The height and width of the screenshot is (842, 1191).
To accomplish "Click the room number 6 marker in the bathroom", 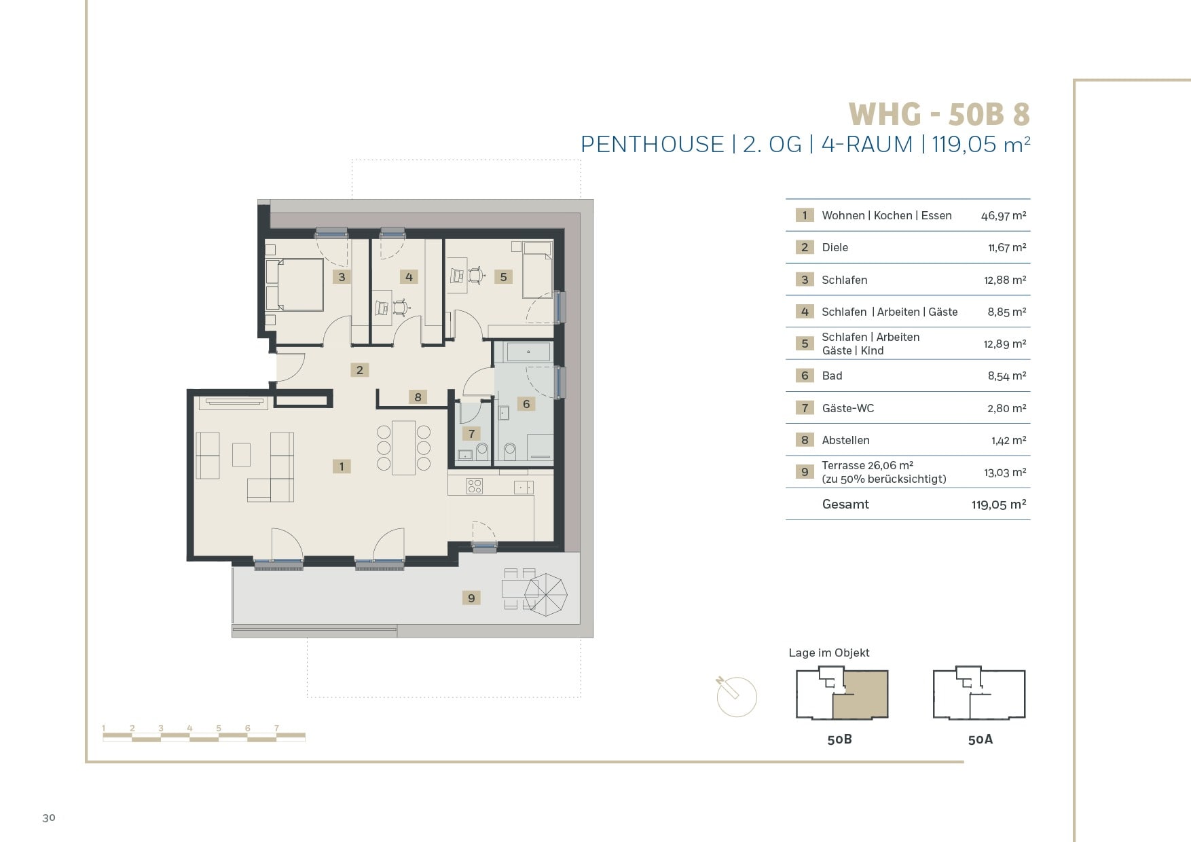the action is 526,404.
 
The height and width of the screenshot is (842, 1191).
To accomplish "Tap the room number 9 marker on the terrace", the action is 471,598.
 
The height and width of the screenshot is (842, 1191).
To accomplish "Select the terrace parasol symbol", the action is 546,595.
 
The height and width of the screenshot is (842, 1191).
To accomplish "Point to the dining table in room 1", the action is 403,447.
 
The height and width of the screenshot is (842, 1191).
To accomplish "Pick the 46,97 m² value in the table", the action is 1004,216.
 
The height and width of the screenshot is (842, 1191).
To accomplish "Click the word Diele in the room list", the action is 835,248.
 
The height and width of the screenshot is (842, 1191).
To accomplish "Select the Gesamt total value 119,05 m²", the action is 999,505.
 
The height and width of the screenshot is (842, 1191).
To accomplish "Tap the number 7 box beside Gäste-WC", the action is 805,408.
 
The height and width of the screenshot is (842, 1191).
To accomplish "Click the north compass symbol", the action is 736,696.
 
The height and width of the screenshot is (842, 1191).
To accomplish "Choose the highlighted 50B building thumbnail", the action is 842,694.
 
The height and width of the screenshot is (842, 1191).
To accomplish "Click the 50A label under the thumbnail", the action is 981,739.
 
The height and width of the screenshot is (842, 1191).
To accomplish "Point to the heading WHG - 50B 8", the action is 939,114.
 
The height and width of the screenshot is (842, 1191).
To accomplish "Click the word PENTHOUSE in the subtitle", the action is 653,145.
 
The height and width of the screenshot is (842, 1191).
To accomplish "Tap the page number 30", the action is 49,818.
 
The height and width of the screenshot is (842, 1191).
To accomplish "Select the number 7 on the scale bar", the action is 276,728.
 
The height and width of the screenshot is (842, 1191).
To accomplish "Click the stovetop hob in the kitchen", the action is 475,486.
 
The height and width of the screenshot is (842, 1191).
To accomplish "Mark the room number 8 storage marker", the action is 418,397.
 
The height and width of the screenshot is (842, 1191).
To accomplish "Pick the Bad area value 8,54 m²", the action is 1007,376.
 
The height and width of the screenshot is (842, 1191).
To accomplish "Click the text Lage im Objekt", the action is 829,653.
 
